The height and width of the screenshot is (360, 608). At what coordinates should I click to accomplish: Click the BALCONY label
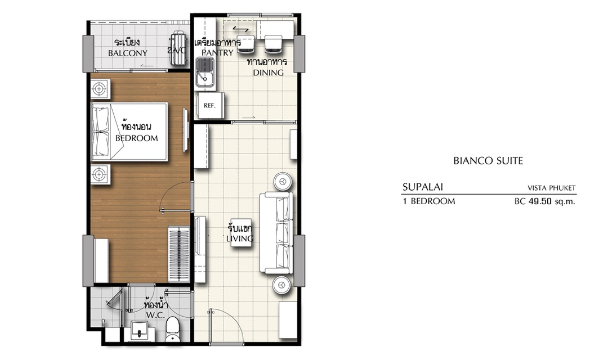click(x=128, y=53)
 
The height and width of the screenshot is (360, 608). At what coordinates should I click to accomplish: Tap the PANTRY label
click(x=217, y=53)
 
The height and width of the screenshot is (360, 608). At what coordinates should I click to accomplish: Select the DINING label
click(x=269, y=73)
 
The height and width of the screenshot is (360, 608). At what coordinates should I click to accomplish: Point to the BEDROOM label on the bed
click(x=136, y=138)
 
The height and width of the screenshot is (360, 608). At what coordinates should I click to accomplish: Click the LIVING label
click(x=240, y=238)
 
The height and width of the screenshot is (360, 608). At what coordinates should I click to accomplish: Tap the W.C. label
click(x=155, y=315)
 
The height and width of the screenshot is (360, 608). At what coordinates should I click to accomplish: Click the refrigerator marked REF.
click(x=210, y=105)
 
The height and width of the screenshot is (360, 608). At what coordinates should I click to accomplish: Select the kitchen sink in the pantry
click(x=205, y=73)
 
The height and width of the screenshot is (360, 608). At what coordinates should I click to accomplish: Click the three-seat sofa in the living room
click(x=276, y=233)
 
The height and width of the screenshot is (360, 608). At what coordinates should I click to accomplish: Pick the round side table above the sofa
click(x=283, y=181)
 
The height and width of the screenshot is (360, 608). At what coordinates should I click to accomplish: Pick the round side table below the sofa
click(x=281, y=285)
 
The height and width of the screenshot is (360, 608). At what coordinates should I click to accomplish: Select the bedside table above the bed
click(x=100, y=89)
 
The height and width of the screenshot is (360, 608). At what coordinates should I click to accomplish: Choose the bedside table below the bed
click(x=100, y=174)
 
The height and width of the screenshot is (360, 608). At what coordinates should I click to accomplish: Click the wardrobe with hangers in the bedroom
click(x=179, y=254)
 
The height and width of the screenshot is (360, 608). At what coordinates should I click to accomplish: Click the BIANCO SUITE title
click(x=488, y=161)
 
